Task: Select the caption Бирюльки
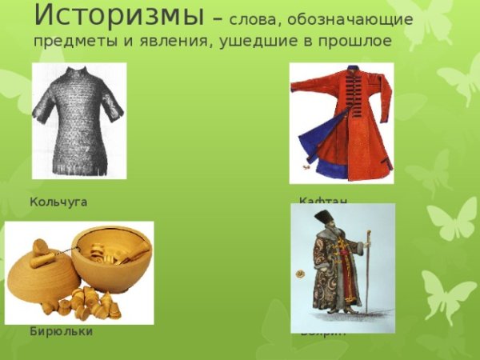click(x=61, y=331)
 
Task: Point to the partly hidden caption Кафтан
click(x=323, y=200)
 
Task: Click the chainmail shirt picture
click(x=78, y=120)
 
